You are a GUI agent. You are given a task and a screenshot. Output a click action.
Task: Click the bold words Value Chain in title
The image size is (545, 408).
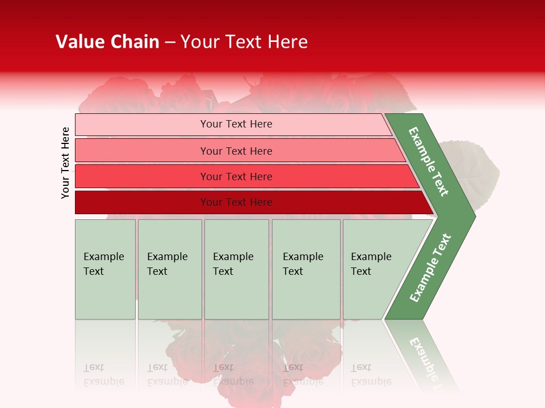click(107, 42)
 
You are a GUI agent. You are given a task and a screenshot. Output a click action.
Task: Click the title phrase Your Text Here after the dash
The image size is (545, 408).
click(244, 42)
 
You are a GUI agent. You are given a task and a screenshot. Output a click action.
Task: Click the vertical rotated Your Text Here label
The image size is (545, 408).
click(65, 163)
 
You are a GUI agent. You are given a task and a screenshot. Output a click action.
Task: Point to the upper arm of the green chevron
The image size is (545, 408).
click(429, 161)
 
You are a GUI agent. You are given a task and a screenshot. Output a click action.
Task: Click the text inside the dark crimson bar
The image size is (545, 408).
click(236, 202)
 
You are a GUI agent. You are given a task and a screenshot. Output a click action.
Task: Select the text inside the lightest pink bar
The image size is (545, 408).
click(236, 124)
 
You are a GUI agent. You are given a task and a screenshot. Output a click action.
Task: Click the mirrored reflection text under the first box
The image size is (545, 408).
click(103, 375)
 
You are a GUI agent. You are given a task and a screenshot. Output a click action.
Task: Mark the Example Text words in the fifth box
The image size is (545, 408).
click(371, 264)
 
